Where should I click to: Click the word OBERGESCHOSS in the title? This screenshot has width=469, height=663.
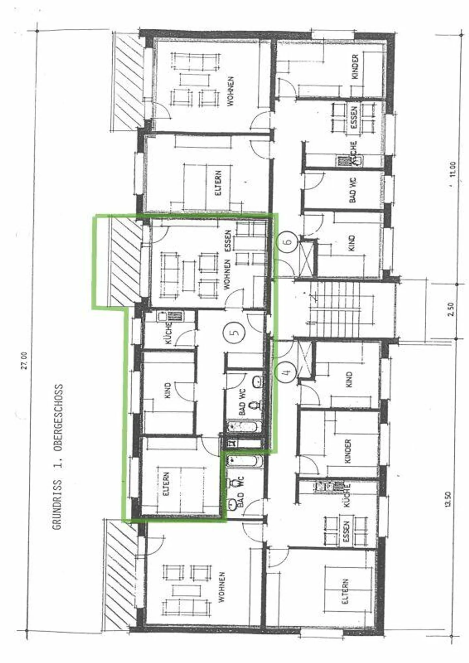point(58,419)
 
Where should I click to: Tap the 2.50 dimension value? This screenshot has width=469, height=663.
point(450,309)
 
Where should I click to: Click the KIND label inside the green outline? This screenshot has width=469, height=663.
point(167,391)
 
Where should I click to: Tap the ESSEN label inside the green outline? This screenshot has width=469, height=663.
point(228,241)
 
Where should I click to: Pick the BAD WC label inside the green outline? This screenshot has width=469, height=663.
point(242,401)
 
